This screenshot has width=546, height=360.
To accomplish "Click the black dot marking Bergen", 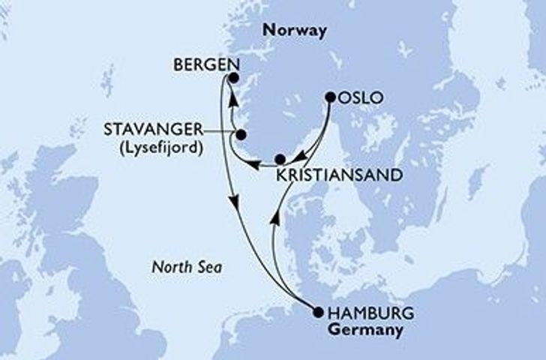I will pos(233,77).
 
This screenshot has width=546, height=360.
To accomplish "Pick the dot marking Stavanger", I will pos(241,135).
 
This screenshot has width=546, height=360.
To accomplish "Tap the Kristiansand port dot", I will pos(280,159).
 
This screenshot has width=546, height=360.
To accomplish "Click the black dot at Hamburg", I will pos(316,313).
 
